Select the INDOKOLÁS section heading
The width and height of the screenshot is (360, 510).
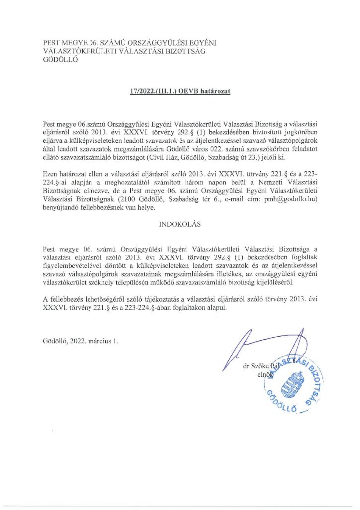click(x=180, y=224)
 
